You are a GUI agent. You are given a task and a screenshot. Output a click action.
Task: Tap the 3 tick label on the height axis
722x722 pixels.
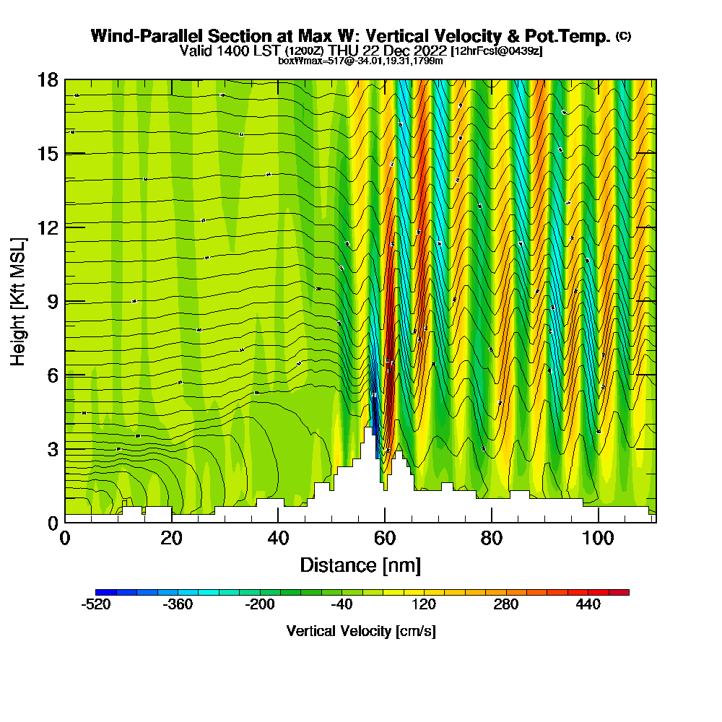click(x=52, y=449)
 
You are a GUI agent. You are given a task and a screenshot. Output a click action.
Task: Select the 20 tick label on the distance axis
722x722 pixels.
click(x=171, y=538)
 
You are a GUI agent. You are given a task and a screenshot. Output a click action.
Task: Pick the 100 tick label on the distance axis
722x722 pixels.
click(x=599, y=538)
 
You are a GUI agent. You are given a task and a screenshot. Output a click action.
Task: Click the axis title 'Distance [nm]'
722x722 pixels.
click(x=360, y=565)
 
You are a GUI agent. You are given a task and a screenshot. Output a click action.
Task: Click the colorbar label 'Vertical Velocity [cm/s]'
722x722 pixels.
click(x=361, y=631)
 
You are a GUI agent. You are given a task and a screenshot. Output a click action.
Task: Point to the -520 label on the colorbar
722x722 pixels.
click(x=96, y=605)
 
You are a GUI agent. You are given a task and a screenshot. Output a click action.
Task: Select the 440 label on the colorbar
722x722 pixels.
click(x=588, y=605)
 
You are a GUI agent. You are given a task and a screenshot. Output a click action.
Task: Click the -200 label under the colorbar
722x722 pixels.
click(x=260, y=605)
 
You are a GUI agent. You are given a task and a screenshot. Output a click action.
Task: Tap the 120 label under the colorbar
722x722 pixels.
click(x=425, y=605)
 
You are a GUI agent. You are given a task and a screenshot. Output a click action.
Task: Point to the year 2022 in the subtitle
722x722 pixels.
click(x=425, y=51)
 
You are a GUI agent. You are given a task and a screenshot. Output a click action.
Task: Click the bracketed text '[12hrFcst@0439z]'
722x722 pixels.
click(x=496, y=52)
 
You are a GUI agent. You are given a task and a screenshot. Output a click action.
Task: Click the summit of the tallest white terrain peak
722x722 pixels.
click(x=368, y=428)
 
